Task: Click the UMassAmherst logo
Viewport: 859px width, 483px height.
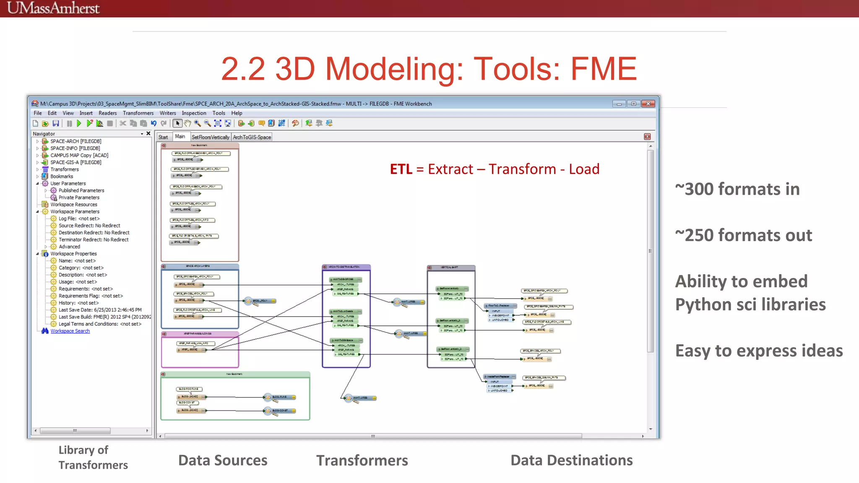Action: click(x=53, y=8)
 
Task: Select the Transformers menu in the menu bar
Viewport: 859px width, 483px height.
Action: click(x=138, y=113)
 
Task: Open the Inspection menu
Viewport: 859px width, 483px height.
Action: click(x=194, y=113)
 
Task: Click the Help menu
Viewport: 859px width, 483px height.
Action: click(x=237, y=113)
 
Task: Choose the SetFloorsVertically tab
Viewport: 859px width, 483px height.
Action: click(x=211, y=137)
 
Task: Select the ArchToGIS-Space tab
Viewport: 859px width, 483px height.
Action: click(x=252, y=137)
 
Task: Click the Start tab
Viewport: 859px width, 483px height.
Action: click(x=163, y=137)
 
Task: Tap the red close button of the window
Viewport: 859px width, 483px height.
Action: click(x=648, y=104)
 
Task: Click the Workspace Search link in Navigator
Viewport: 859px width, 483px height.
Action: click(x=70, y=331)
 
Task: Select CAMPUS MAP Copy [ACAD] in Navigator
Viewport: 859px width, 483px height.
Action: click(x=79, y=156)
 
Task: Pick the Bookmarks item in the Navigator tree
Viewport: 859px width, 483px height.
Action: click(x=62, y=177)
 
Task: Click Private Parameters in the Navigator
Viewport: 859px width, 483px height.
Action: click(x=79, y=197)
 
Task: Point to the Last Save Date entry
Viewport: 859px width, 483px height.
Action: click(x=100, y=310)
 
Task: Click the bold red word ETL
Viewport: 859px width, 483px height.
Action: click(x=401, y=169)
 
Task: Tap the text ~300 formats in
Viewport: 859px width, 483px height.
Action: click(x=737, y=189)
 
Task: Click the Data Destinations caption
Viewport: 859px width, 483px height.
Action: click(x=571, y=460)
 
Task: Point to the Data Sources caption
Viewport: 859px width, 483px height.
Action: click(x=223, y=460)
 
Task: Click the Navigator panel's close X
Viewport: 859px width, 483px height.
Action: click(x=148, y=134)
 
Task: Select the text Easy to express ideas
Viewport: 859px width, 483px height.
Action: click(x=759, y=351)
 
